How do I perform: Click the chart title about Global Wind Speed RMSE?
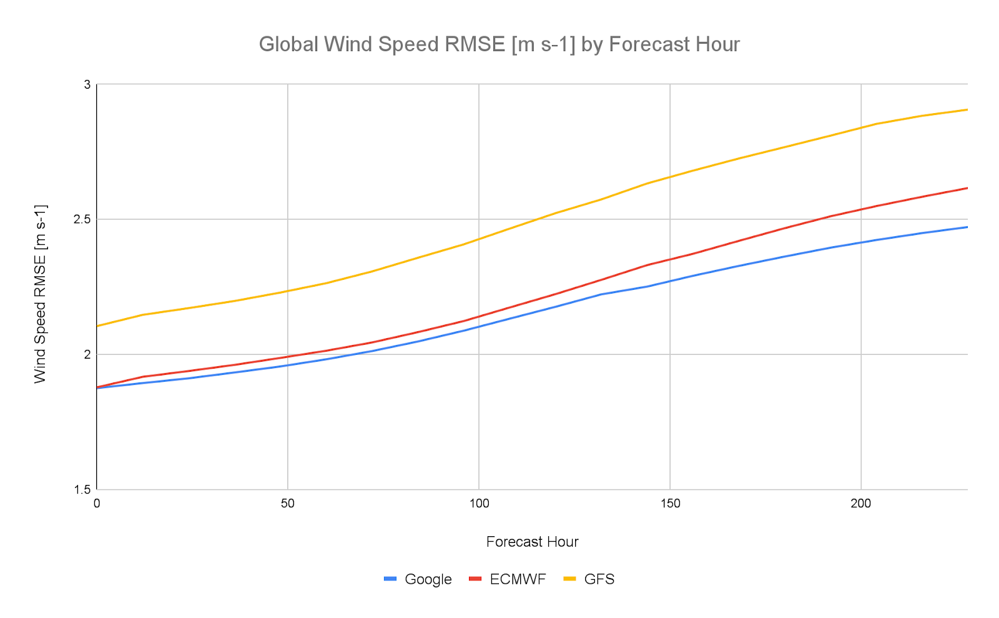[x=499, y=44]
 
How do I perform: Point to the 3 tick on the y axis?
[x=87, y=84]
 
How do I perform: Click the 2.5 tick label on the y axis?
[x=82, y=219]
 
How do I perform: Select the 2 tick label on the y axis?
[x=87, y=354]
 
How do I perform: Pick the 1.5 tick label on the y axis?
[x=82, y=489]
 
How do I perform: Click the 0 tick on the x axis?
[x=97, y=503]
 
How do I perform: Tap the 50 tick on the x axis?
[x=287, y=503]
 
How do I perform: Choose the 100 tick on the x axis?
[x=478, y=503]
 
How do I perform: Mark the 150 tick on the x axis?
[x=669, y=503]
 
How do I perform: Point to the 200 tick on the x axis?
[x=860, y=503]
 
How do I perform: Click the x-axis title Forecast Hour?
[x=532, y=542]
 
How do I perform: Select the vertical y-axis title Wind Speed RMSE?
[x=40, y=294]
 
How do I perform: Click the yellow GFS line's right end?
[x=967, y=109]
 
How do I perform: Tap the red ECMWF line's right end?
[x=967, y=188]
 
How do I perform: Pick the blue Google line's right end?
[x=967, y=227]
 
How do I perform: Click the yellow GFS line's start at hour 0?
[x=98, y=326]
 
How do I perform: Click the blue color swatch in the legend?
[x=391, y=579]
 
